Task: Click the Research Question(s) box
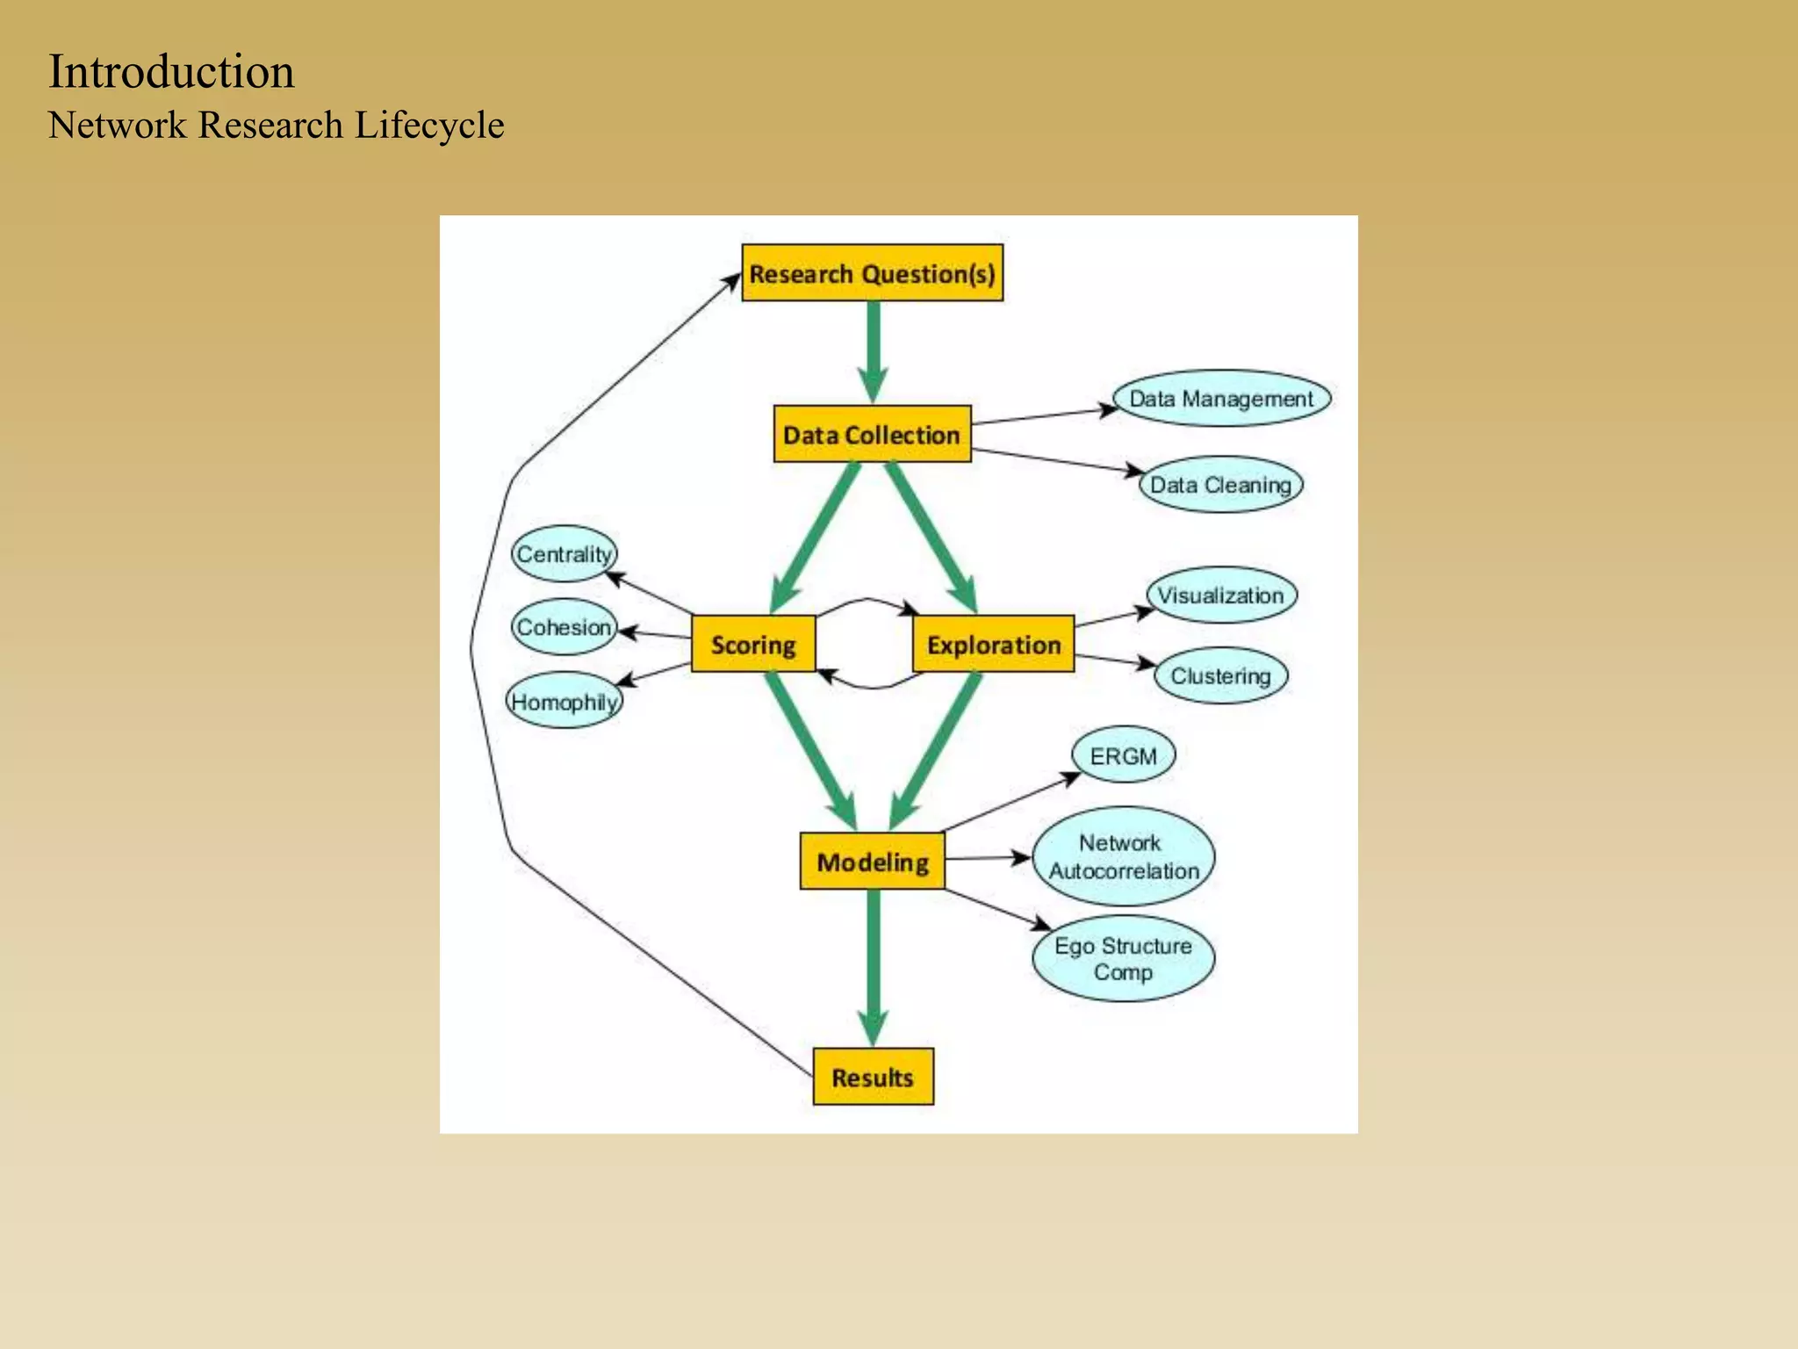coord(872,273)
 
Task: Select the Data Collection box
coord(872,434)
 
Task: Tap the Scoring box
coord(753,644)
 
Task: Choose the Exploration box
coord(993,644)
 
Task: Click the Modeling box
coord(873,862)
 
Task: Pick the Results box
coord(873,1077)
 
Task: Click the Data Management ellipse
coord(1221,398)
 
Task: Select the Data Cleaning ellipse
coord(1220,484)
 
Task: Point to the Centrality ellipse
coord(564,553)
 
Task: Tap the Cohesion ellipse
coord(564,627)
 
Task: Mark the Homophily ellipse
coord(565,701)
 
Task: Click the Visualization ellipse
coord(1220,595)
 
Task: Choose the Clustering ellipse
coord(1220,675)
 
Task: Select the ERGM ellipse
coord(1123,755)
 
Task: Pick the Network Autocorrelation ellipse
coord(1124,856)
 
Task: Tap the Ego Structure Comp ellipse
coord(1123,958)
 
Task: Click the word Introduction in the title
coord(171,72)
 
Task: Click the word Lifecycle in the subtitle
coord(429,126)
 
